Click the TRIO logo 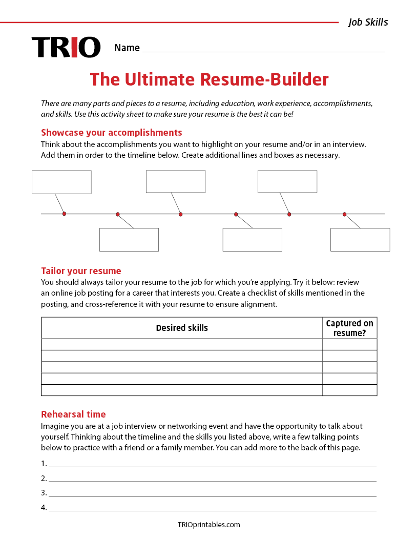click(66, 47)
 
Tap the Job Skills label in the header click(368, 22)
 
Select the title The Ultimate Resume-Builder click(209, 79)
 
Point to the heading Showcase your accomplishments click(111, 132)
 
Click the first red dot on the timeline click(64, 214)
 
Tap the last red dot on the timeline click(345, 214)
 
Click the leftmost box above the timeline click(61, 182)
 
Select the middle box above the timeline click(176, 181)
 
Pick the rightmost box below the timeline click(360, 240)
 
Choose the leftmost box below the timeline click(129, 240)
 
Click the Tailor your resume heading click(81, 271)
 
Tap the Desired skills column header click(182, 328)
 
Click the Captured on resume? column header click(350, 328)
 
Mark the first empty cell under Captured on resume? click(350, 344)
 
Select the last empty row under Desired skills click(182, 390)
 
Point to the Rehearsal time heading click(73, 414)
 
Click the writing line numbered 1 click(213, 464)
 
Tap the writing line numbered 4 click(213, 508)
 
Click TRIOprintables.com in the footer click(208, 525)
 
